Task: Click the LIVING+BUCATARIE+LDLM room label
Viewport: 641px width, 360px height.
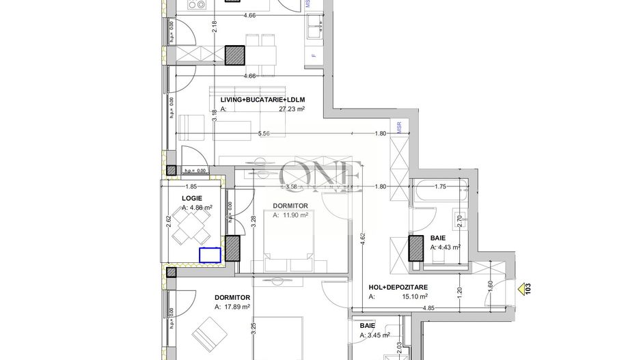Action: pos(262,100)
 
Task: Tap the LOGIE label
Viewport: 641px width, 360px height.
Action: pos(192,198)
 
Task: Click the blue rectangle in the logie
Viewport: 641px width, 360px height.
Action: pos(210,255)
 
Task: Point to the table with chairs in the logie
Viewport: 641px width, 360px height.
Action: pos(191,226)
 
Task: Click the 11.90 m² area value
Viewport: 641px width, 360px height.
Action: pos(295,214)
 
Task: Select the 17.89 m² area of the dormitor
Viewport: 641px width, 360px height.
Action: pos(236,307)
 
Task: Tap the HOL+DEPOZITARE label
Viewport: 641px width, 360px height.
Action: pos(398,288)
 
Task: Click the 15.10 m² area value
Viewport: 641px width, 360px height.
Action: pos(414,296)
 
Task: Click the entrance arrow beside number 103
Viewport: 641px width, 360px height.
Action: pos(522,290)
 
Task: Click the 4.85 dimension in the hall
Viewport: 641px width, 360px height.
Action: pos(428,308)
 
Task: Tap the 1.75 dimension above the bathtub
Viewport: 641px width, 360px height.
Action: pos(440,186)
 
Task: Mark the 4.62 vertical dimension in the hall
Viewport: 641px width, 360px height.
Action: pos(362,238)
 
